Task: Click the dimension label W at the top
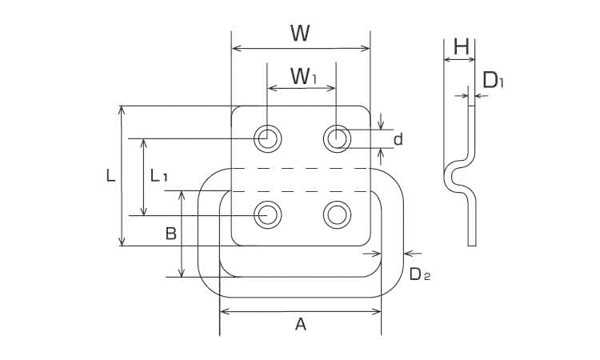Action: point(300,33)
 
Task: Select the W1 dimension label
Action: point(303,77)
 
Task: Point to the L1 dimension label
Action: point(158,176)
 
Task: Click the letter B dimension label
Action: point(170,234)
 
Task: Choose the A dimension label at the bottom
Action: point(301,324)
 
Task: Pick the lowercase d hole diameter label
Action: point(398,140)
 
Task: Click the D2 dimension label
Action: point(419,274)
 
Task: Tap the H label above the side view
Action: point(460,47)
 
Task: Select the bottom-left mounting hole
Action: point(268,214)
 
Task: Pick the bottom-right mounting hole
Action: point(337,214)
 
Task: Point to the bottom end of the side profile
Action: point(473,243)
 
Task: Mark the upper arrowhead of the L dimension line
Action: point(122,110)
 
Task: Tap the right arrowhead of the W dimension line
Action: point(367,50)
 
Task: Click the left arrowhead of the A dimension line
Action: point(223,310)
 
